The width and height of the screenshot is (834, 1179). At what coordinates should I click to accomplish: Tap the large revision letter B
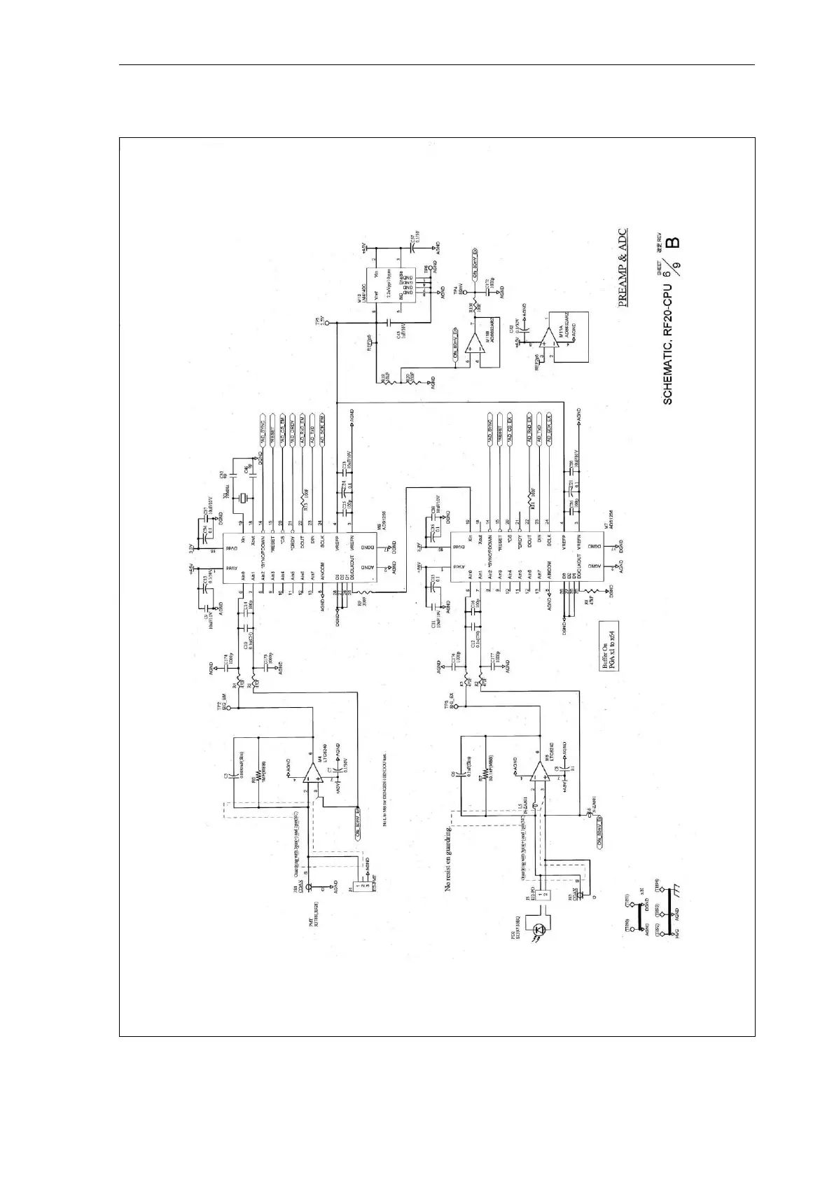tap(672, 244)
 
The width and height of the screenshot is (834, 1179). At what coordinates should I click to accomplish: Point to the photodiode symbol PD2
tap(539, 930)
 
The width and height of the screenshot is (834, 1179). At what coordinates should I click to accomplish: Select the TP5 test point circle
tap(337, 323)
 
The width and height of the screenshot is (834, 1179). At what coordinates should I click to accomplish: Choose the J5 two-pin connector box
tap(546, 893)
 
